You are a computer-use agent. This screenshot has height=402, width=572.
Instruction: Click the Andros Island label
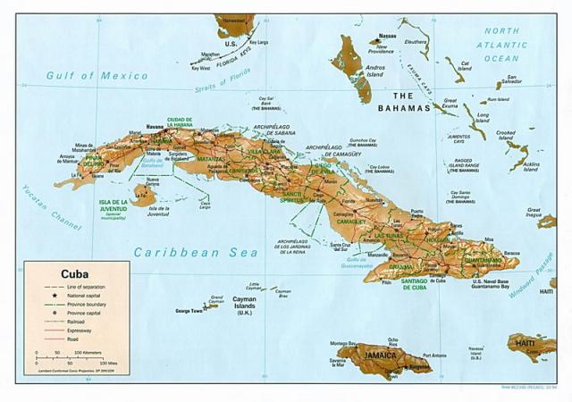[x=374, y=70]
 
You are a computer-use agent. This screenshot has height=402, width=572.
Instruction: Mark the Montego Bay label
[x=343, y=343]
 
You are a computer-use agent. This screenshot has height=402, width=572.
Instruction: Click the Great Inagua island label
[x=534, y=210]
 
